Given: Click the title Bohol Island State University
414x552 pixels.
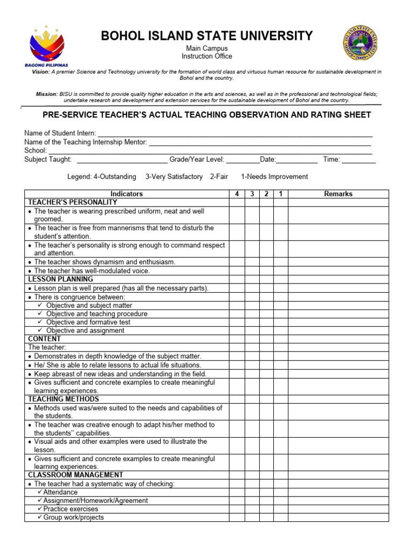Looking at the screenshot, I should click(x=206, y=36).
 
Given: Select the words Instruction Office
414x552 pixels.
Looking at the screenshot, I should click(x=206, y=56).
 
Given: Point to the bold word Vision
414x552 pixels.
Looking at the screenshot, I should click(x=40, y=72).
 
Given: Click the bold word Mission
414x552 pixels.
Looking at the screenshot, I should click(x=46, y=94).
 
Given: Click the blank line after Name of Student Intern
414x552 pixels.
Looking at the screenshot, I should click(x=235, y=133).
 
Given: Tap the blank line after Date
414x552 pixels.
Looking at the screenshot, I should click(x=297, y=160).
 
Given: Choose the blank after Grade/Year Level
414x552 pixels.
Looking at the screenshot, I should click(x=243, y=160).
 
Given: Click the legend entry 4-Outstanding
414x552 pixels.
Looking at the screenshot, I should click(x=101, y=177).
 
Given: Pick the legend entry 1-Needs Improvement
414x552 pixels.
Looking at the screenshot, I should click(x=274, y=177).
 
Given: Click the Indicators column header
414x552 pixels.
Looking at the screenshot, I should click(x=127, y=194).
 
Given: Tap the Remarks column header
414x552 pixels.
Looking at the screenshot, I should click(x=338, y=194).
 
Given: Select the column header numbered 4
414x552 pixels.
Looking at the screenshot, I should click(x=237, y=194).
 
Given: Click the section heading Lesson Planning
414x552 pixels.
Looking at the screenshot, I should click(x=60, y=279).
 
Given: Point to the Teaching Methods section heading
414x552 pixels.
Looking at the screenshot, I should click(x=64, y=399).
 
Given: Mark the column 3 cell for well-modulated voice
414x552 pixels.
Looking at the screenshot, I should click(x=252, y=271).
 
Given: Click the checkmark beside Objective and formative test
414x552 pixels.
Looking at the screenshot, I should click(x=40, y=322).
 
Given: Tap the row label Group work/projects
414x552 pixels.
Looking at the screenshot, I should click(x=73, y=517).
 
